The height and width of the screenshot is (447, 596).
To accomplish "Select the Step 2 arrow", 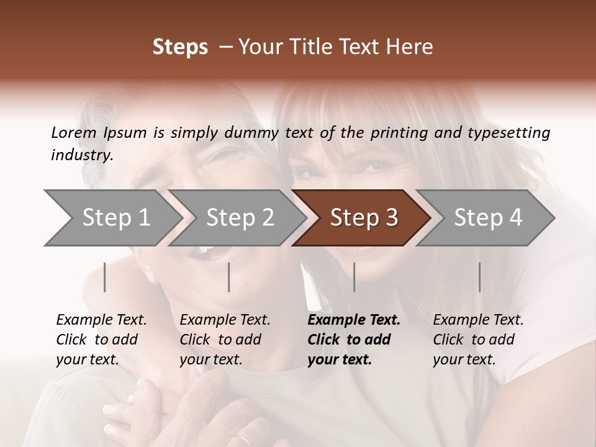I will (236, 218).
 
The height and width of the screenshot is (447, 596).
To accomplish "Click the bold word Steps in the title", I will (180, 47).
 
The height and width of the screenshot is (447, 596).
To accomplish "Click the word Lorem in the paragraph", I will (73, 132).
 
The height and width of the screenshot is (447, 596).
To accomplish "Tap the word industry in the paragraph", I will (82, 155).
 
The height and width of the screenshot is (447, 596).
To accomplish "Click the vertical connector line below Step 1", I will (105, 277).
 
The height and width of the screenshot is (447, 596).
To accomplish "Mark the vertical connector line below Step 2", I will (229, 277).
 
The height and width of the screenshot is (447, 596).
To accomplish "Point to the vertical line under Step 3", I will (354, 277).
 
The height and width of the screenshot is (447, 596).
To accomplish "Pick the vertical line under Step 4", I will (479, 277).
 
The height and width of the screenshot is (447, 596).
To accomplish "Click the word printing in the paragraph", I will (394, 132).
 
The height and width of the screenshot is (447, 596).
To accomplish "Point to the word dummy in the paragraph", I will (253, 132).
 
